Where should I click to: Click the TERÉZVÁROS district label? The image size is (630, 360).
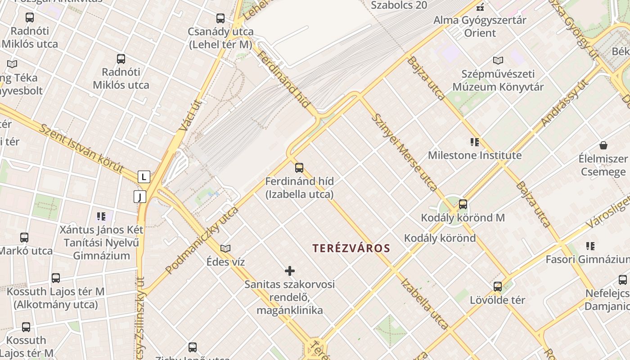[x=351, y=248]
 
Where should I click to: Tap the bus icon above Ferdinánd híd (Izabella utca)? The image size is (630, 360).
[x=299, y=168]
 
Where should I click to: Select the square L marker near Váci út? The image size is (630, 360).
[x=144, y=177]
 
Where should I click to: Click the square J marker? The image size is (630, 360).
[x=140, y=197]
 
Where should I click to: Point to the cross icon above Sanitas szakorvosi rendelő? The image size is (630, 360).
[x=290, y=271]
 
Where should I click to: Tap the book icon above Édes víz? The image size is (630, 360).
[x=225, y=248]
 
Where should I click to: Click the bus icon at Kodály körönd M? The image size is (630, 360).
[x=463, y=205]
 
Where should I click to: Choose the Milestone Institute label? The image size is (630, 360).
[x=475, y=156]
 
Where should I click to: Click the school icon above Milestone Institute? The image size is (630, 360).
[x=475, y=143]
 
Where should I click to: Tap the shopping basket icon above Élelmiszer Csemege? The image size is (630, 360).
[x=603, y=145]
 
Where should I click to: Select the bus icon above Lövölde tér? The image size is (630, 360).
[x=498, y=287]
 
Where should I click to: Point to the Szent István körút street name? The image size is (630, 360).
[x=81, y=148]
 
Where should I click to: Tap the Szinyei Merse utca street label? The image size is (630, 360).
[x=404, y=152]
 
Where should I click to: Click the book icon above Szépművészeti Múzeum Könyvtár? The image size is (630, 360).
[x=498, y=61]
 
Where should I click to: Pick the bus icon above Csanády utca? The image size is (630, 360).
[x=220, y=18]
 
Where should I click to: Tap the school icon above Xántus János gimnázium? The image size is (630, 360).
[x=101, y=216]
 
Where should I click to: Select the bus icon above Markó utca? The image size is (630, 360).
[x=24, y=238]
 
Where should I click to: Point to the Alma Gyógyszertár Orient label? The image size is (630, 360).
[x=480, y=27]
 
